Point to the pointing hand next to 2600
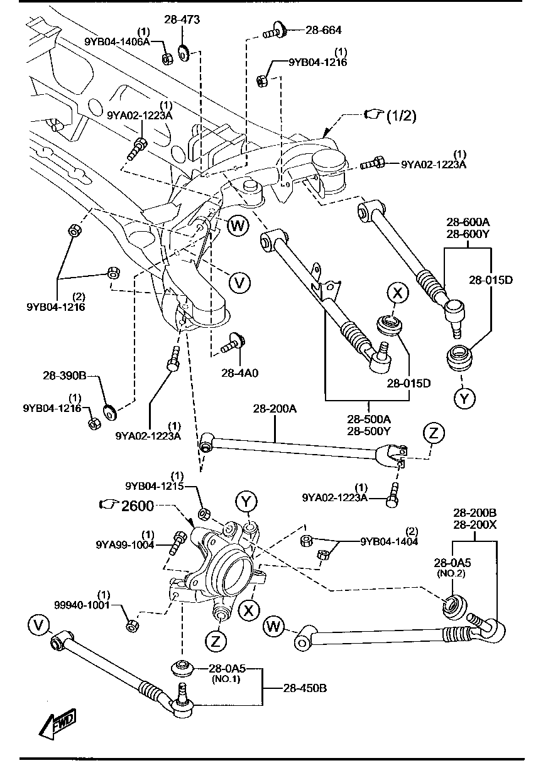tap(109, 504)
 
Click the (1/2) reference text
tap(400, 116)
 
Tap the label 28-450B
tap(305, 688)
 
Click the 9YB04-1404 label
tap(388, 541)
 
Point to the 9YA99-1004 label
tap(124, 544)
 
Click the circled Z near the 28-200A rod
tap(434, 432)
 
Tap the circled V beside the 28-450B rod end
tap(39, 624)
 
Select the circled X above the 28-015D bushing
tap(398, 293)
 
